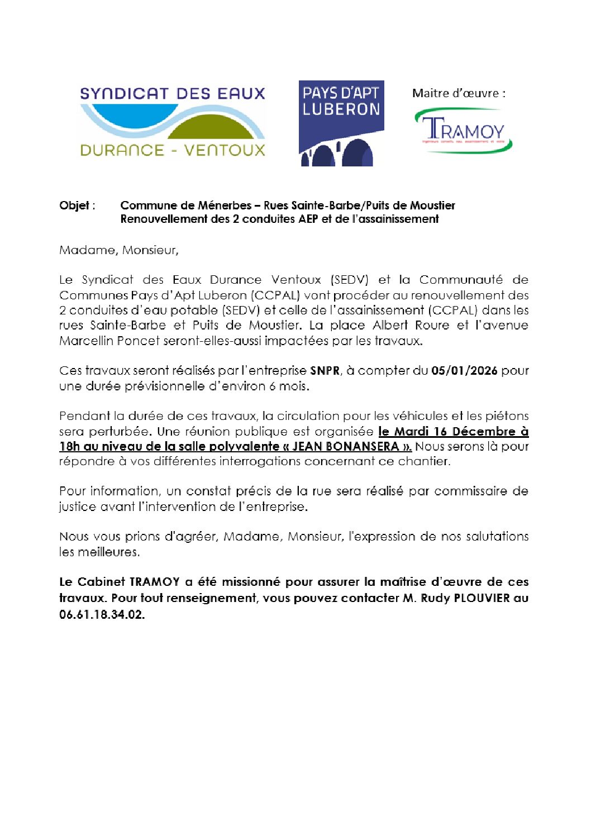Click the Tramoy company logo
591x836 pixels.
click(463, 131)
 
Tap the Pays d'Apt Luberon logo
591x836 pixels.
click(341, 123)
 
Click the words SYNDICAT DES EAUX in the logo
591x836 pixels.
click(172, 93)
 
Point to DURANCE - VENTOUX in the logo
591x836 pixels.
click(172, 150)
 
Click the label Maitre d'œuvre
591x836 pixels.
click(458, 93)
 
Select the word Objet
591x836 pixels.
click(74, 206)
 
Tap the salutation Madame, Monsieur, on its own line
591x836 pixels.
click(118, 250)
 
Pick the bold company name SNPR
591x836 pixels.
click(325, 371)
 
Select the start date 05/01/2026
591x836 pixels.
click(464, 371)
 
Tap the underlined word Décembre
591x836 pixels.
click(484, 431)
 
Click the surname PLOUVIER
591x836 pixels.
click(482, 598)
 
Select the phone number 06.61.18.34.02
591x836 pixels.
click(102, 614)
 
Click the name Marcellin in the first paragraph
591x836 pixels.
click(87, 341)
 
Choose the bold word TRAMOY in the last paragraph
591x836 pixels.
click(154, 582)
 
